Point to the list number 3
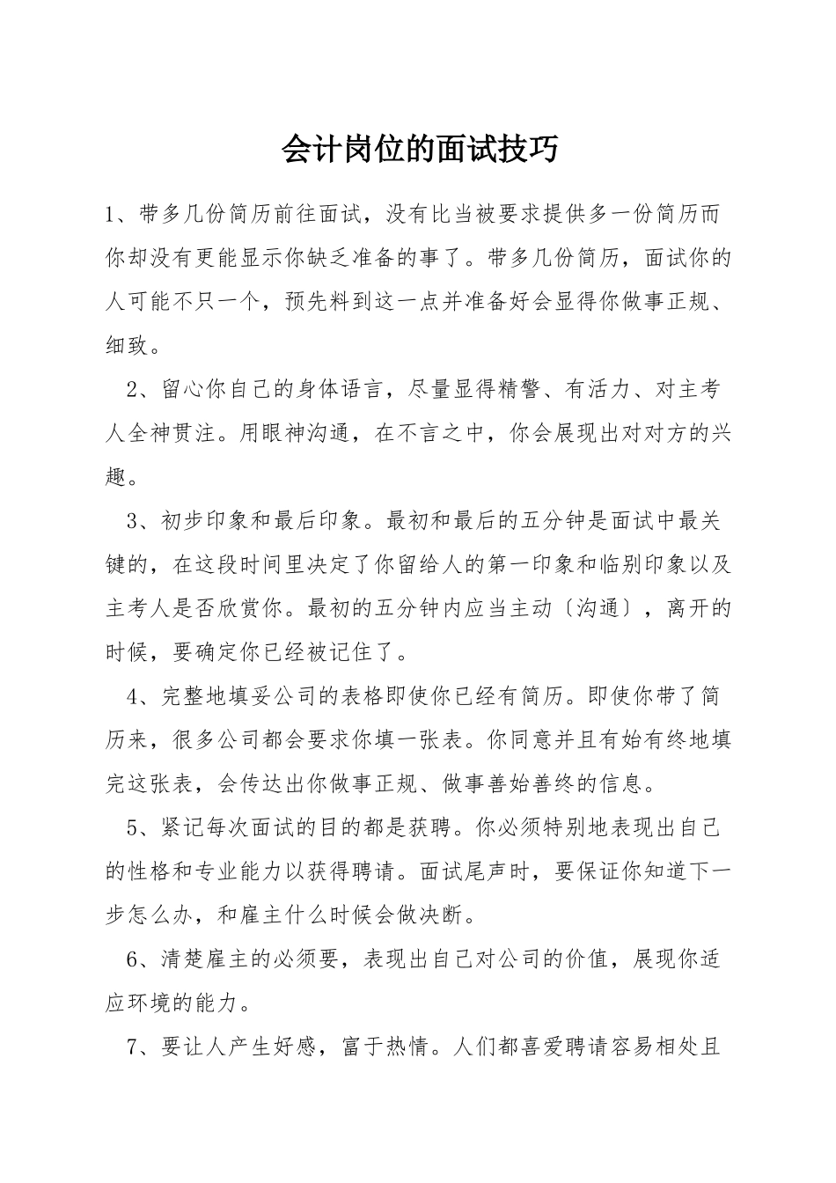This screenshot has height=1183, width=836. point(134,521)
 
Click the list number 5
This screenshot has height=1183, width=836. point(134,828)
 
